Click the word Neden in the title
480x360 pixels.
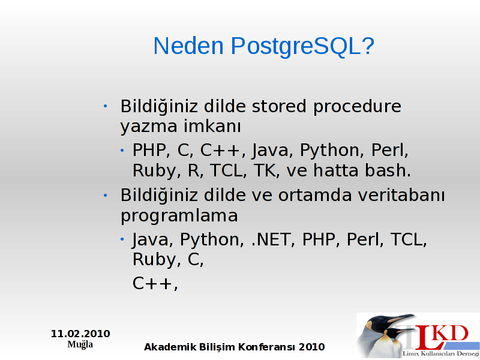pos(188,46)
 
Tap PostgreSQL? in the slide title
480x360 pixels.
pos(302,47)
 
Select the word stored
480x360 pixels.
pos(279,107)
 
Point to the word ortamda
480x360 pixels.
pos(315,196)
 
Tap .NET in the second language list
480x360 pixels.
pos(271,239)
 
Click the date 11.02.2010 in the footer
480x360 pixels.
pos(80,334)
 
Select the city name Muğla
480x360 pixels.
pos(80,344)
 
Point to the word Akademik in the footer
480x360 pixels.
pos(170,347)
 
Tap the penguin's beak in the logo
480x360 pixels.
pos(401,319)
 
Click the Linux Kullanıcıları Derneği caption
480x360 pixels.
pos(441,354)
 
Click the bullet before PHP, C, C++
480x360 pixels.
pos(122,150)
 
